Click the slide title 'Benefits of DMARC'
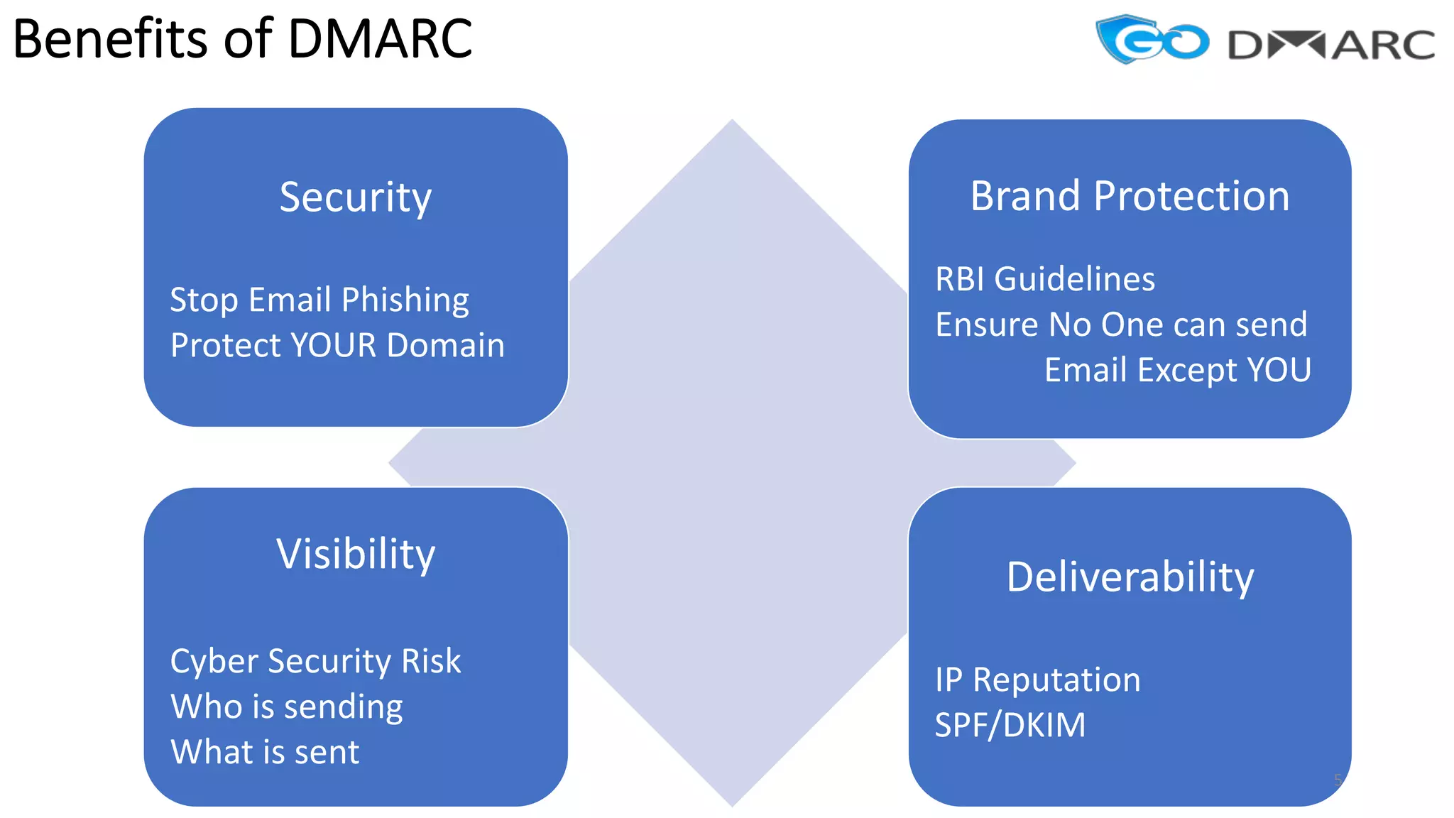pyautogui.click(x=242, y=38)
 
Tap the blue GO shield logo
pyautogui.click(x=1151, y=40)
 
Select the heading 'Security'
pyautogui.click(x=355, y=197)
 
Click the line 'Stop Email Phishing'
pyautogui.click(x=319, y=300)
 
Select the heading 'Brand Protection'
pyautogui.click(x=1130, y=196)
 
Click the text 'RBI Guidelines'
pyautogui.click(x=1045, y=279)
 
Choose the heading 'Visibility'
pyautogui.click(x=355, y=554)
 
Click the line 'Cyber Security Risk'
pyautogui.click(x=315, y=662)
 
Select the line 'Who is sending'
pyautogui.click(x=287, y=707)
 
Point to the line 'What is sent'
pyautogui.click(x=265, y=752)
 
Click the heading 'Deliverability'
pyautogui.click(x=1130, y=577)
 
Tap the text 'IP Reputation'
pyautogui.click(x=1037, y=680)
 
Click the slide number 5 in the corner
pyautogui.click(x=1338, y=780)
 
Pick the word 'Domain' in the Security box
pyautogui.click(x=446, y=346)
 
